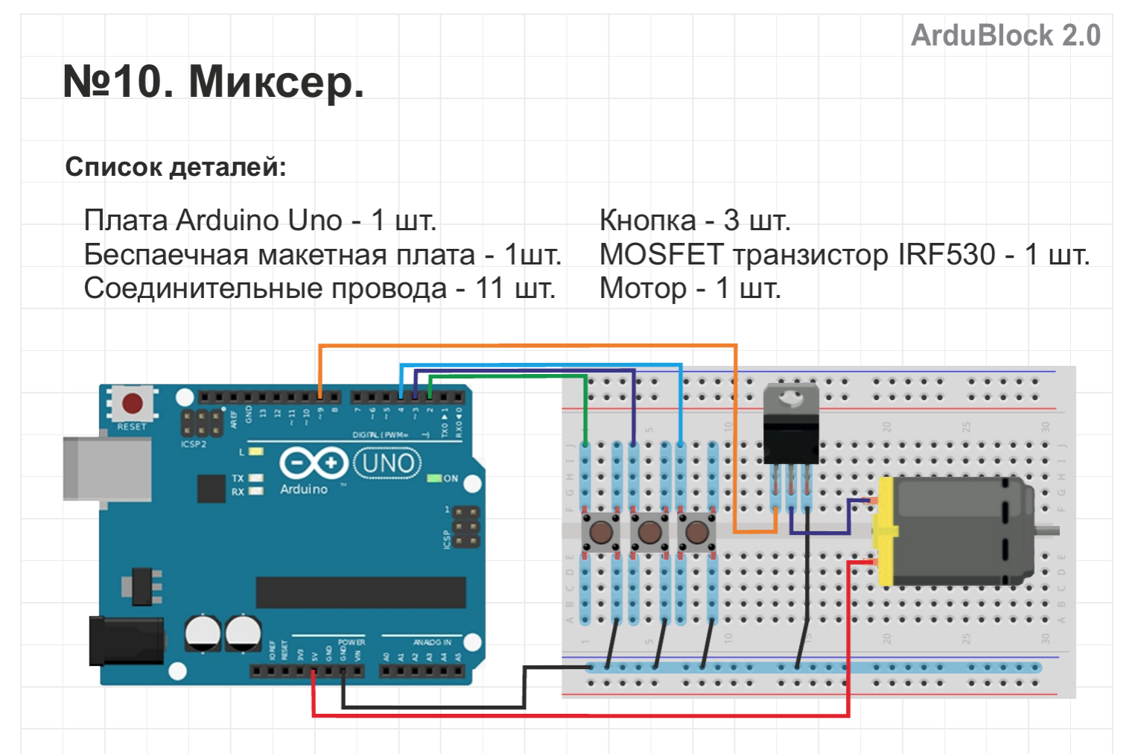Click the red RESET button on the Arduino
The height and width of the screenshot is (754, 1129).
point(133,403)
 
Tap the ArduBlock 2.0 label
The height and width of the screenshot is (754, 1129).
point(1005,35)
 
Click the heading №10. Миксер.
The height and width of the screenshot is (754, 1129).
point(214,81)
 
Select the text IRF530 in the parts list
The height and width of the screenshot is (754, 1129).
point(946,255)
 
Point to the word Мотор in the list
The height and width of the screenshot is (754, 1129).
point(643,288)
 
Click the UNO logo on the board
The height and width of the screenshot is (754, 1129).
point(387,463)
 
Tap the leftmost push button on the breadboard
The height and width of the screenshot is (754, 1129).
point(601,532)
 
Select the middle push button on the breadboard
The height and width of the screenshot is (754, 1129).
point(649,532)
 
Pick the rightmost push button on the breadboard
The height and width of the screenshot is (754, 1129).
point(696,532)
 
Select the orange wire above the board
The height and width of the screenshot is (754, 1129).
point(521,346)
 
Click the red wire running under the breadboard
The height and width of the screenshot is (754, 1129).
point(581,715)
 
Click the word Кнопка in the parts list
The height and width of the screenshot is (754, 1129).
point(647,221)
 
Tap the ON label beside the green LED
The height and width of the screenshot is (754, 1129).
point(451,478)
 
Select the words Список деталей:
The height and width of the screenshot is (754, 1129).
point(176,167)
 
